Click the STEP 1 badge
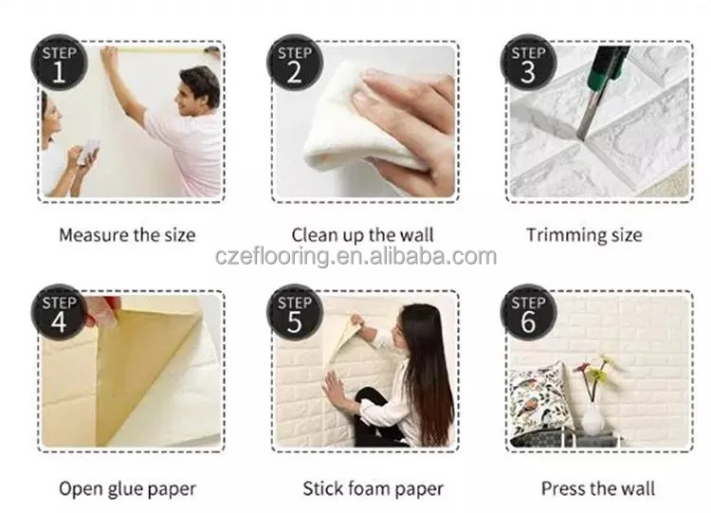[59, 63]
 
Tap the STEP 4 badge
[59, 313]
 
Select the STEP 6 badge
[529, 313]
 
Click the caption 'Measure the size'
[127, 235]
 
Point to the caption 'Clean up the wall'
[362, 235]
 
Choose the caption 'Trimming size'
[584, 235]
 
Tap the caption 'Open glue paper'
[127, 489]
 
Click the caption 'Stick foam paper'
[373, 489]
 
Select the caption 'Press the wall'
[598, 488]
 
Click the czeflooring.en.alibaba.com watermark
[355, 256]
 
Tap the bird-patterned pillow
[538, 402]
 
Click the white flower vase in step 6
[592, 418]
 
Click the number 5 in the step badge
[294, 322]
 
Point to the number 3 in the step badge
[528, 72]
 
